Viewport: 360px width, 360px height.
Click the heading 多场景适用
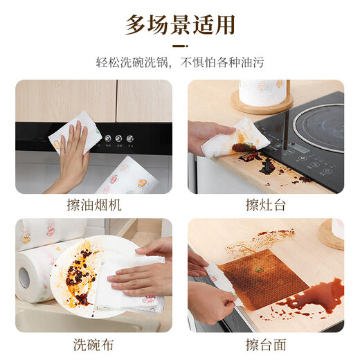tap(180, 26)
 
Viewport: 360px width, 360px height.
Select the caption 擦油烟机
tap(94, 205)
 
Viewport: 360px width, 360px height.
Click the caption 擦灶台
tap(266, 205)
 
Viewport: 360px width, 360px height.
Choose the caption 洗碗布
tap(94, 344)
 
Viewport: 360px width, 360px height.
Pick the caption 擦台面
tap(266, 344)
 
